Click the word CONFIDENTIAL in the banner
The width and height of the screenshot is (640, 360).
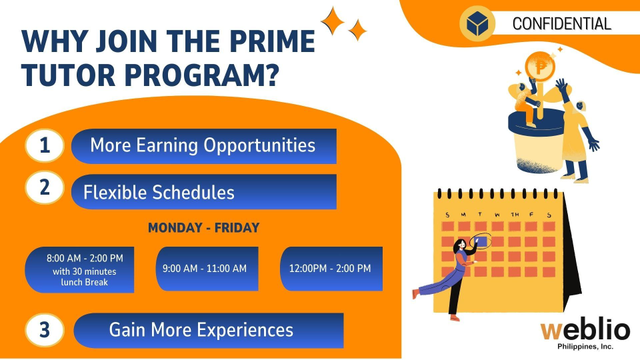[x=561, y=24]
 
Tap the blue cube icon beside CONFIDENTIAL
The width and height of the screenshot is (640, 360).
[x=477, y=23]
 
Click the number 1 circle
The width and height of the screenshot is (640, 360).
[x=45, y=146]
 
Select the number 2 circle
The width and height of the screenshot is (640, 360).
[x=45, y=187]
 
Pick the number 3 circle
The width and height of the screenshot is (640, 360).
[x=45, y=330]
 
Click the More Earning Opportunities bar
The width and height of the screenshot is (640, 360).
[x=204, y=146]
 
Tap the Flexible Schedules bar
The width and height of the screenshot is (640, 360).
[x=204, y=192]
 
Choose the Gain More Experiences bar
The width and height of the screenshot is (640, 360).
[x=209, y=331]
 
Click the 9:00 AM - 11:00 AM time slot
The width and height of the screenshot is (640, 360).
[x=207, y=269]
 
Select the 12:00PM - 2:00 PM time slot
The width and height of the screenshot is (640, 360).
[x=331, y=269]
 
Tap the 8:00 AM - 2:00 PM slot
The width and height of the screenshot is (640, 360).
[x=79, y=269]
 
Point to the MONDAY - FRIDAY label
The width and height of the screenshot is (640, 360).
[x=204, y=228]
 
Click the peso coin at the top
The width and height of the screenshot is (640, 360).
[x=540, y=66]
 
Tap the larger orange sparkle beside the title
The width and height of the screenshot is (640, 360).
[x=332, y=21]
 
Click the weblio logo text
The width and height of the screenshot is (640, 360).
[x=585, y=330]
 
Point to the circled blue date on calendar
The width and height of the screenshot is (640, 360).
[x=481, y=241]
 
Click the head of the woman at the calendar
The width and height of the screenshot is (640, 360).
[x=460, y=245]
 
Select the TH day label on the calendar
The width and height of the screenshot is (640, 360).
[x=515, y=214]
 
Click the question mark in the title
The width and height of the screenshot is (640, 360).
[x=270, y=75]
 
